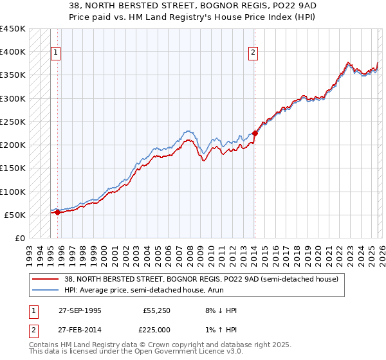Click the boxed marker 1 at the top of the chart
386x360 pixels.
(x=55, y=53)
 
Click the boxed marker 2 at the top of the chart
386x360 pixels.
(x=253, y=53)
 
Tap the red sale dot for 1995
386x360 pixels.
(x=57, y=212)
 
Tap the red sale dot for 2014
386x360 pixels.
(x=255, y=134)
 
